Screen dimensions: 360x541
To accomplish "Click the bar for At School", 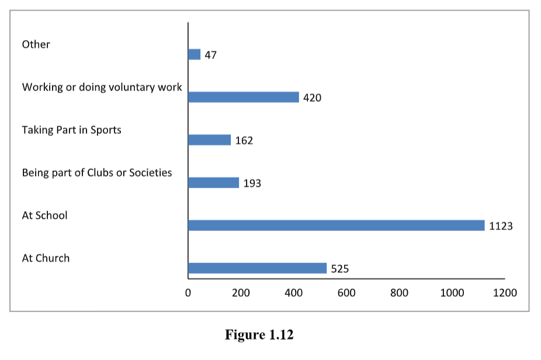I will pos(336,226).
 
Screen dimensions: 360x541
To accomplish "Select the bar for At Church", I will pos(257,268).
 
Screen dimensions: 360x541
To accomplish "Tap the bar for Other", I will pos(194,54).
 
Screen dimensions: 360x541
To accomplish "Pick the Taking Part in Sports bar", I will pos(209,140).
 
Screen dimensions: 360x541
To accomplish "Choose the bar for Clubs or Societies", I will pos(213,183).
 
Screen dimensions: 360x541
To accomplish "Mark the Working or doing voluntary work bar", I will pos(243,97).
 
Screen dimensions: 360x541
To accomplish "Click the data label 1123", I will pos(501,226).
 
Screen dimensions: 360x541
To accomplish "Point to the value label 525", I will pos(340,269).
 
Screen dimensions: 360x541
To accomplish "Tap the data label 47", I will pos(211,55).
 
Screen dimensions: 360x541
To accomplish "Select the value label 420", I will pos(312,98).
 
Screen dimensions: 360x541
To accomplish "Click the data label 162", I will pos(244,140).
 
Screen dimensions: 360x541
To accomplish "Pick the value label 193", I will pos(252,184).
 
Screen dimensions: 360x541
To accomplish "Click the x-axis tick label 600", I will pos(346,293).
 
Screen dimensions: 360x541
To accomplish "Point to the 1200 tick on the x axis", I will pos(505,293).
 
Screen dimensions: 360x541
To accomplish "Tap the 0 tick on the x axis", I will pos(188,293).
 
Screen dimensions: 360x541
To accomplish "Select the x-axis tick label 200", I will pos(241,293).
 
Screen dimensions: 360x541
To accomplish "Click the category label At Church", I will pos(46,258).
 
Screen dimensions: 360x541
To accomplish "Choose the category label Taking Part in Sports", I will pos(71,130).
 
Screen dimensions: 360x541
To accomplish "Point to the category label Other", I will pos(36,44).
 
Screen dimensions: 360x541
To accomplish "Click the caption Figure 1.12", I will pos(259,335).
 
